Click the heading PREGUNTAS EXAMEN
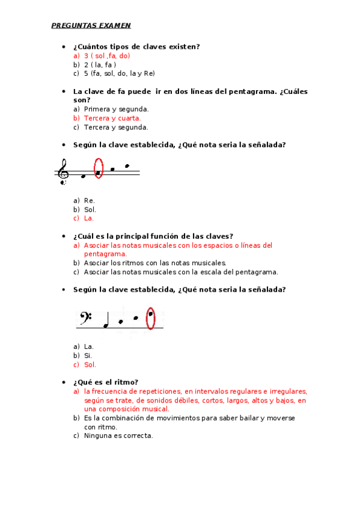(91, 25)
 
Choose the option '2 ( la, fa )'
(100, 64)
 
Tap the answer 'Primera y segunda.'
(116, 109)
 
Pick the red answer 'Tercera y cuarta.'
(112, 118)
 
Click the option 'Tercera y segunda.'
(116, 127)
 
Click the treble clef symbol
(63, 171)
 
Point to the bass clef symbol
(87, 317)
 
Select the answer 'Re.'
(90, 200)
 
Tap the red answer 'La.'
(89, 218)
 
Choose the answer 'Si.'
(88, 355)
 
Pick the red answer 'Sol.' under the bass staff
(90, 364)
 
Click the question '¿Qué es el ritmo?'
(106, 382)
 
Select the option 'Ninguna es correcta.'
(118, 435)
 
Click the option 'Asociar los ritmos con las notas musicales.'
(155, 263)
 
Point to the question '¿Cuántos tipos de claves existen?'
(136, 46)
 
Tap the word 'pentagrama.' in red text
(105, 254)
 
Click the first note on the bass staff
(106, 326)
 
